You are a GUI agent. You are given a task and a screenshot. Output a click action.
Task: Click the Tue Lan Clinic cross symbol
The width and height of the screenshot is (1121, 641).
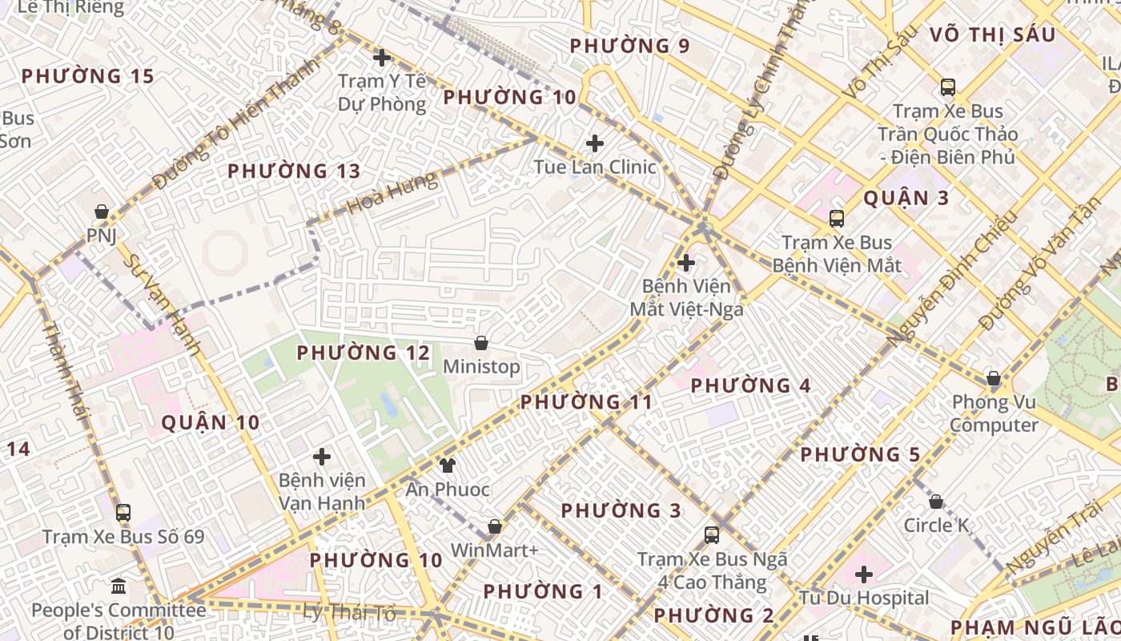click(595, 143)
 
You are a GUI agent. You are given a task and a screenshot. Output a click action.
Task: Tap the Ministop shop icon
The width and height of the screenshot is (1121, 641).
click(481, 343)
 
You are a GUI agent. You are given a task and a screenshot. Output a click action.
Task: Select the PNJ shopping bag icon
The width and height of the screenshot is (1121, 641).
click(102, 212)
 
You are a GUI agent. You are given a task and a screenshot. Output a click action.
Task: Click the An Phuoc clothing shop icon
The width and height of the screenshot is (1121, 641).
click(447, 465)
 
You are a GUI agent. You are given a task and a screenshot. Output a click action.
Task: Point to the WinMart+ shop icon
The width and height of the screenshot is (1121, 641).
click(495, 526)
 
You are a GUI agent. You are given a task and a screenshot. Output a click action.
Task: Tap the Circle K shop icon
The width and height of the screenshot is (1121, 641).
click(936, 502)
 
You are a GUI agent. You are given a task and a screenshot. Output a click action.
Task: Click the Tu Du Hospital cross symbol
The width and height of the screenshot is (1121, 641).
click(863, 574)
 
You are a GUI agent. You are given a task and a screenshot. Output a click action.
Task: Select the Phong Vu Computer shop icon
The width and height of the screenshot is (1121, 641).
click(994, 378)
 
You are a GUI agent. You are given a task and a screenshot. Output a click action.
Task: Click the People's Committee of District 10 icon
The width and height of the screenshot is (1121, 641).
click(119, 587)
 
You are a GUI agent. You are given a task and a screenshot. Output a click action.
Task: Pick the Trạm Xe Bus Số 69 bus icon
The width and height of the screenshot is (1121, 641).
click(123, 513)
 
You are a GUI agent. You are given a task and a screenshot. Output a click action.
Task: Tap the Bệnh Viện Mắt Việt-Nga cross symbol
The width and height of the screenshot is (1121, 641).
click(686, 262)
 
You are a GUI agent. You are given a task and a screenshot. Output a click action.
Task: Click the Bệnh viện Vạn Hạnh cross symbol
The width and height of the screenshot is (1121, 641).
click(322, 457)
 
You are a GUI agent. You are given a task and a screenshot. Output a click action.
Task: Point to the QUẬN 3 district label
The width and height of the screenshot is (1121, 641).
click(906, 198)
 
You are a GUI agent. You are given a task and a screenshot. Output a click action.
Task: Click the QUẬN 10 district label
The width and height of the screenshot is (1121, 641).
click(211, 422)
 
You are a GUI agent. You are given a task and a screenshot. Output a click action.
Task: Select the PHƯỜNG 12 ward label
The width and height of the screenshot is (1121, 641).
click(364, 353)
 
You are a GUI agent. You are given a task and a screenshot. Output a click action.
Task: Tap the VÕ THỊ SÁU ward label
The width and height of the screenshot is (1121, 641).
click(992, 34)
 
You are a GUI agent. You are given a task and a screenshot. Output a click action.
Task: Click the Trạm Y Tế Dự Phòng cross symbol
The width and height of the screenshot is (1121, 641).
click(382, 58)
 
